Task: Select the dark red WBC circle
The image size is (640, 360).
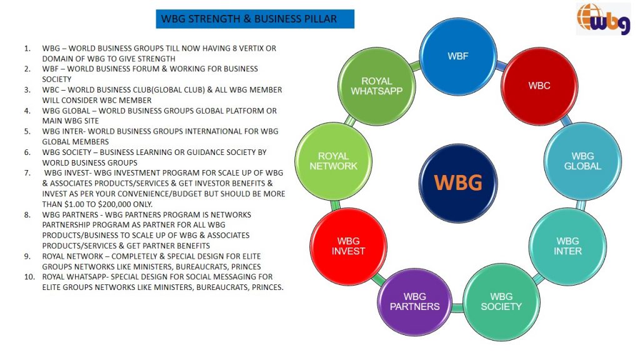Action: pyautogui.click(x=539, y=86)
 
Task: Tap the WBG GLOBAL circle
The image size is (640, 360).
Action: pyautogui.click(x=582, y=161)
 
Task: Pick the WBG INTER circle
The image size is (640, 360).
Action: pyautogui.click(x=567, y=246)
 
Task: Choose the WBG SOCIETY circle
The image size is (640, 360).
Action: pyautogui.click(x=501, y=301)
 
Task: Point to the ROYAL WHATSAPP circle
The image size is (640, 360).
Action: pyautogui.click(x=376, y=86)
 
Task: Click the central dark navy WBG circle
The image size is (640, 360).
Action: pyautogui.click(x=459, y=182)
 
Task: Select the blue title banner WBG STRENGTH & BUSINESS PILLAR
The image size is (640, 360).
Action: pyautogui.click(x=255, y=19)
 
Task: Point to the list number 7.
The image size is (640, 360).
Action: pyautogui.click(x=27, y=172)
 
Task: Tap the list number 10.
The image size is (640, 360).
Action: pyautogui.click(x=29, y=276)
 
